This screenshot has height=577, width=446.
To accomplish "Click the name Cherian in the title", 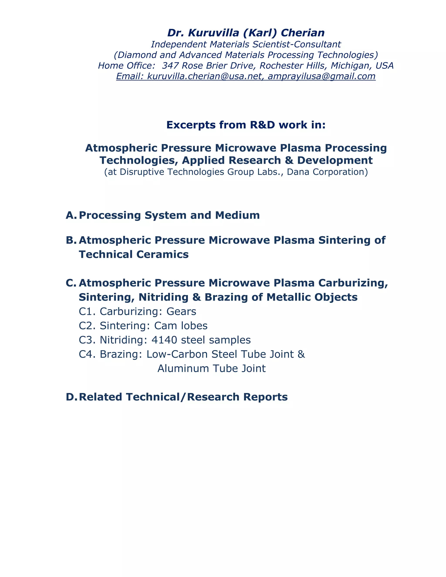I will (x=302, y=33).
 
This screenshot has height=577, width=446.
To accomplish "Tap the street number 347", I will (x=170, y=66).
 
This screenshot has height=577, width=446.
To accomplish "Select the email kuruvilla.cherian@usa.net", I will (x=204, y=76).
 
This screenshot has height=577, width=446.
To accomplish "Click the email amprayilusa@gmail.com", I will (x=322, y=76).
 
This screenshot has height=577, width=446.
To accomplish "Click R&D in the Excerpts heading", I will (x=263, y=125).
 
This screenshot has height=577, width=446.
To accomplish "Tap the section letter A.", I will (x=71, y=215).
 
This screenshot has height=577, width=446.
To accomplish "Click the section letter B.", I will (x=71, y=240).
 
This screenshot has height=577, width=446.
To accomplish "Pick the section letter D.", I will (x=71, y=397).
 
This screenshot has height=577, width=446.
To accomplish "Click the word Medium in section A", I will (x=237, y=215).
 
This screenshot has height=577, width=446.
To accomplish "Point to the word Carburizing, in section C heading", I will (x=353, y=283).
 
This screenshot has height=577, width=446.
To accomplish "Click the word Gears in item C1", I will (x=181, y=312).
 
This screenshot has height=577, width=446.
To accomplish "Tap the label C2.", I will (x=87, y=326).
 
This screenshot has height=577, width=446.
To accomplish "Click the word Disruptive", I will (x=142, y=172).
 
